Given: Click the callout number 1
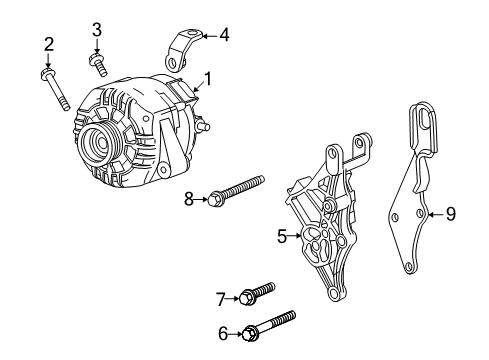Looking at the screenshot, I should tap(208, 77).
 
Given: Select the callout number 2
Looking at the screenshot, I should tap(47, 42).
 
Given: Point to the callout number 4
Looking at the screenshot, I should tap(224, 35).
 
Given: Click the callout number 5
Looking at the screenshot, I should tap(283, 237).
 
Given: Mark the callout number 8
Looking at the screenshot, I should tap(187, 199).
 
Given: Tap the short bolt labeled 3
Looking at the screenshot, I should tap(97, 64).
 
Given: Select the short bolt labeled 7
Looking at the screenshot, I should tap(256, 294).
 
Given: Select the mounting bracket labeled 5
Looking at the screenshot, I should tap(328, 225).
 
